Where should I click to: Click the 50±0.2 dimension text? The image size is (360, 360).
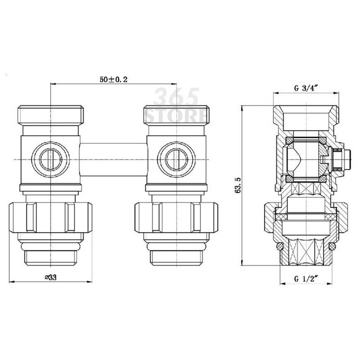pos(113,79)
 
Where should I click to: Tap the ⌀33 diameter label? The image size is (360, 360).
pos(51,277)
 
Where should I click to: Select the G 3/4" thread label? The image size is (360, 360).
pos(306,89)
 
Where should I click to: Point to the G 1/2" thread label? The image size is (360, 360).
pos(306,279)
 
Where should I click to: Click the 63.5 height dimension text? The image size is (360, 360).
pos(238,185)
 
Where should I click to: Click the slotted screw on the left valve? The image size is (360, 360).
pos(50,160)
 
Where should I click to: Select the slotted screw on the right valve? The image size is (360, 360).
pos(176,160)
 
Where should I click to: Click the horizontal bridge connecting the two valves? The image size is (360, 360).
pos(114,160)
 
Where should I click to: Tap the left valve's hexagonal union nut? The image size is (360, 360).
pos(50,217)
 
